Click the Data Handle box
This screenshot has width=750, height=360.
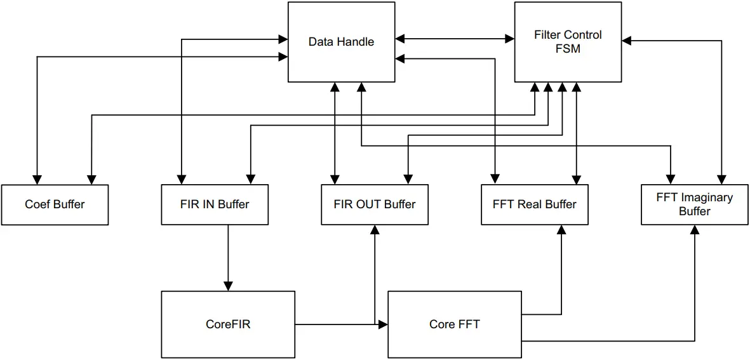tap(341, 42)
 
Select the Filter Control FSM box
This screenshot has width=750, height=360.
tap(567, 42)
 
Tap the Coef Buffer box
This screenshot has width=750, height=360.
tap(55, 204)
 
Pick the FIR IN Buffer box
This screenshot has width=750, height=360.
tap(215, 204)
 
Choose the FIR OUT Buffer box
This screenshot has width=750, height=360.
tap(375, 204)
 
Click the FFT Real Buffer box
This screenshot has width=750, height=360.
tap(534, 204)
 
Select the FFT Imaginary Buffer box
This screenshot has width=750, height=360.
tap(694, 204)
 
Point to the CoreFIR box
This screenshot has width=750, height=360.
tap(228, 324)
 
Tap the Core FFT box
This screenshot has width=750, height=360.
tap(454, 324)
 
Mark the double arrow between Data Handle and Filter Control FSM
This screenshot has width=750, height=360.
tap(454, 39)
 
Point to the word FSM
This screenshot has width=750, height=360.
tap(568, 48)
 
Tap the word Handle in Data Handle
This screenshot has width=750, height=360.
tap(357, 42)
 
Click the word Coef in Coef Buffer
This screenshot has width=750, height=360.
tap(37, 204)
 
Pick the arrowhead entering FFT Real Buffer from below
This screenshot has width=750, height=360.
tap(561, 230)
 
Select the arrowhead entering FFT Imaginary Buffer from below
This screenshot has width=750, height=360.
tap(695, 230)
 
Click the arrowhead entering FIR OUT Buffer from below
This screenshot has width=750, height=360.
tap(375, 230)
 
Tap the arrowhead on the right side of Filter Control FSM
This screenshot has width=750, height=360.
tap(626, 41)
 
